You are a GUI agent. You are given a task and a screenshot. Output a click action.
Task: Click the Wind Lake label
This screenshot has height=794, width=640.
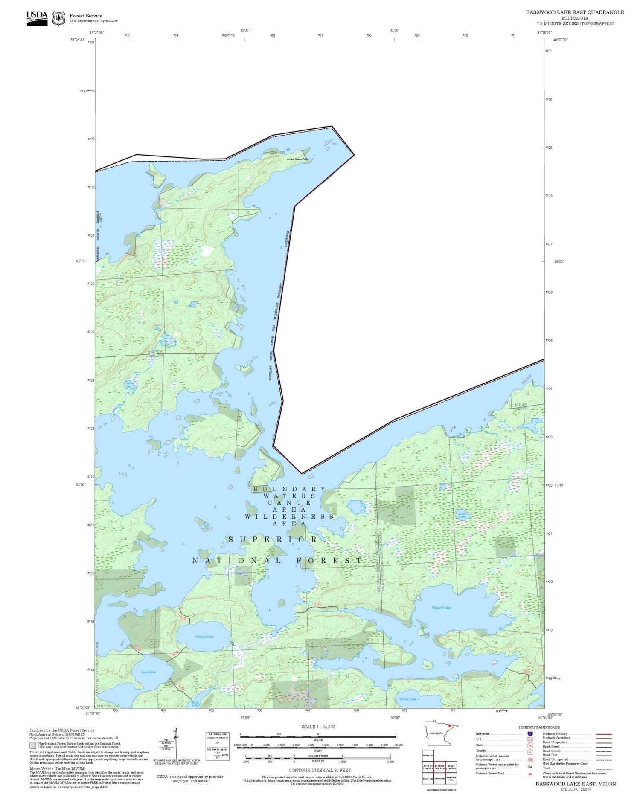pyautogui.click(x=441, y=608)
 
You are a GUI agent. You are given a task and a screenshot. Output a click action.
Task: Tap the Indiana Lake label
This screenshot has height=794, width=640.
pyautogui.click(x=204, y=636)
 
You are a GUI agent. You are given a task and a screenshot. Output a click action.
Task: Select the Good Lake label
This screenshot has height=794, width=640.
pyautogui.click(x=148, y=672)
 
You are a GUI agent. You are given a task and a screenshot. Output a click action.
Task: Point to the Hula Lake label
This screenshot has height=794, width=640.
pyautogui.click(x=195, y=704)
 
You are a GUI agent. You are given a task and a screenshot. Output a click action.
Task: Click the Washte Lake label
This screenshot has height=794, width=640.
pyautogui.click(x=407, y=699)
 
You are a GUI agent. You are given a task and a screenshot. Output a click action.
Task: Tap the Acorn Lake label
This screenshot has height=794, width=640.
pyautogui.click(x=462, y=515)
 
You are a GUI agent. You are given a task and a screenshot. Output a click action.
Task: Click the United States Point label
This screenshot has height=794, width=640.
pyautogui.click(x=297, y=159)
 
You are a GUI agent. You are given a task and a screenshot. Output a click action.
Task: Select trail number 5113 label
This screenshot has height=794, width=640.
pyautogui.click(x=317, y=605)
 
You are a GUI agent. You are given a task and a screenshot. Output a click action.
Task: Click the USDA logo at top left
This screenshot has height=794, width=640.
pyautogui.click(x=37, y=18)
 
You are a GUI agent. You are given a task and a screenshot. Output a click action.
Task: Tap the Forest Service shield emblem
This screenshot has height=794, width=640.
pyautogui.click(x=58, y=18)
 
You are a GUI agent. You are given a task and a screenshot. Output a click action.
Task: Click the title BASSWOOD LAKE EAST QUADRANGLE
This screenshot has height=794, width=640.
pyautogui.click(x=575, y=12)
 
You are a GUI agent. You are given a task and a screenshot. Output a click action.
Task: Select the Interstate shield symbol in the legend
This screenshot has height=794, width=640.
pyautogui.click(x=530, y=734)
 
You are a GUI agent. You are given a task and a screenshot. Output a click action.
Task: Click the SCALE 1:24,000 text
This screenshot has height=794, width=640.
pyautogui.click(x=318, y=727)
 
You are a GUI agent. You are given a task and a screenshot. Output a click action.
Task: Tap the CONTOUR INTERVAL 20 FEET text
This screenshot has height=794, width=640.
pyautogui.click(x=320, y=770)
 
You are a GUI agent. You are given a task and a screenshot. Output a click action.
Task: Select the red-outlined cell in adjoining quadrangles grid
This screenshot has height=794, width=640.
pyautogui.click(x=439, y=766)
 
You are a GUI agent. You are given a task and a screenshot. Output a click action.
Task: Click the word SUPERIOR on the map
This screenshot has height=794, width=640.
pyautogui.click(x=273, y=539)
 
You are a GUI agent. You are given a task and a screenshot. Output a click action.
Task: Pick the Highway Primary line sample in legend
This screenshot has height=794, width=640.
pyautogui.click(x=603, y=734)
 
